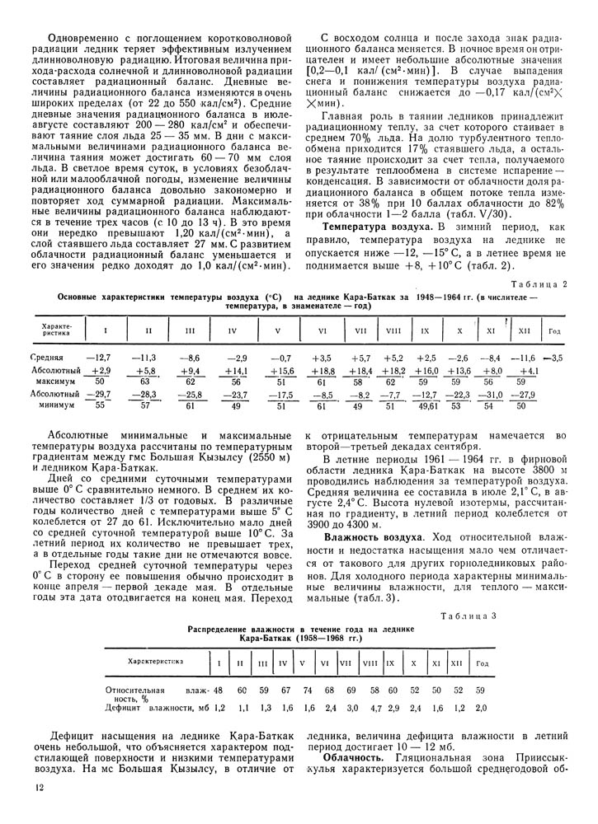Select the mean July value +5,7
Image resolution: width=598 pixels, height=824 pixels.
coord(361,358)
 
